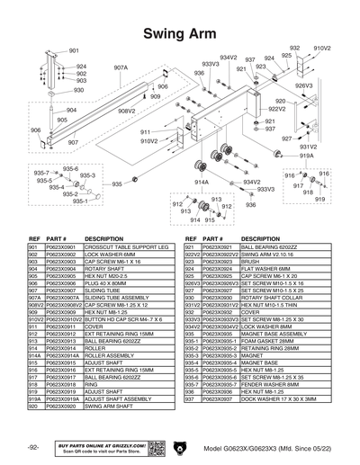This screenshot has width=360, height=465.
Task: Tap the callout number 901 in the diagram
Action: coord(74,51)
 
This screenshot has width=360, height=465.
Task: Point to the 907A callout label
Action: coord(121,67)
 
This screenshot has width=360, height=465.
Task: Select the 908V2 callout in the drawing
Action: coord(126,111)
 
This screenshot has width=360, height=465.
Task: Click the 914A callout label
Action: coord(202,182)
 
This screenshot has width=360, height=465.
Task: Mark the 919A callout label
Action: coord(306,156)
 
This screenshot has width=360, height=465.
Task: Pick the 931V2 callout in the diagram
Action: coord(308,147)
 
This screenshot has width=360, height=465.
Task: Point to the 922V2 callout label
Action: coord(276,109)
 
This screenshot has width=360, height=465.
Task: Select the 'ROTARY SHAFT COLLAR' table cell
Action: coord(267,297)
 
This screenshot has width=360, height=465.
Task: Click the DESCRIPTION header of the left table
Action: coord(103,238)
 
